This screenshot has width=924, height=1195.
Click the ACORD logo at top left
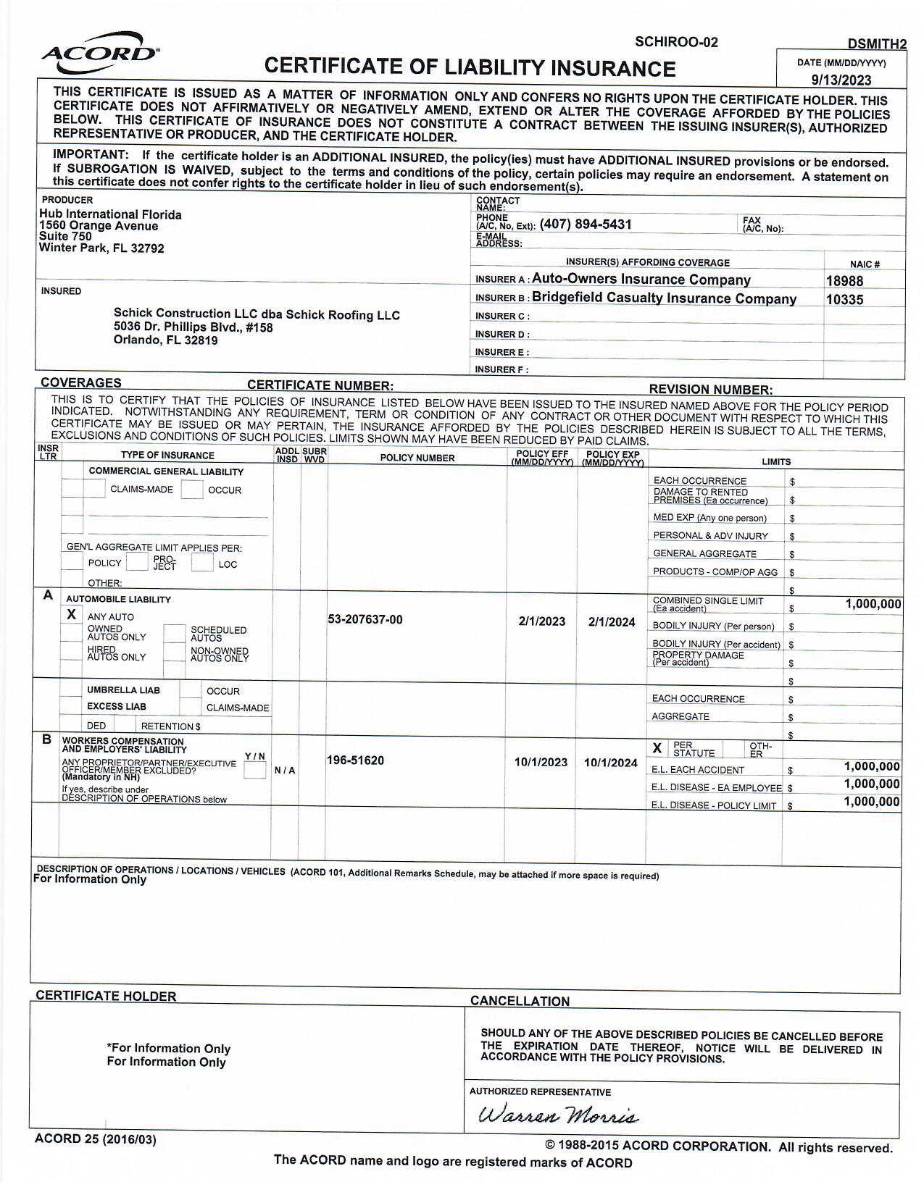(100, 53)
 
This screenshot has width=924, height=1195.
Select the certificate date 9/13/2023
(841, 80)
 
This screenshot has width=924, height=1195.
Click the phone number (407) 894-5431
(586, 225)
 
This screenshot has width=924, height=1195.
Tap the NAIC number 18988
(844, 281)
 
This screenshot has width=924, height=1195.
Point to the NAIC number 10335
(844, 299)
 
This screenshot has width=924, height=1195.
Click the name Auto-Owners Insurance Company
(641, 280)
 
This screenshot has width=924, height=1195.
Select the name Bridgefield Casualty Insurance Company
(664, 298)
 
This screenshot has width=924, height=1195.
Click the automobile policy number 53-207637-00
(365, 620)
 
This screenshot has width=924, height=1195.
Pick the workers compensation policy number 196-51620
(355, 760)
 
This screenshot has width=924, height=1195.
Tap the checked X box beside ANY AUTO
(72, 615)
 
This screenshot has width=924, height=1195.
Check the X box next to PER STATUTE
(657, 748)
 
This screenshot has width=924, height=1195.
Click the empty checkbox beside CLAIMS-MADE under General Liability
(95, 489)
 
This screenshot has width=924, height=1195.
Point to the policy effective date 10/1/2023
(541, 762)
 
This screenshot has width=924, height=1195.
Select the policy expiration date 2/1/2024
(612, 621)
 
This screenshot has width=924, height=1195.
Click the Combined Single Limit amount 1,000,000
(873, 605)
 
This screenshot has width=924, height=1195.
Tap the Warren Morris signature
(558, 1115)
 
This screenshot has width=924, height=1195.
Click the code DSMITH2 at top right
(877, 44)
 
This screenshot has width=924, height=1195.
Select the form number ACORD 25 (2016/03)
(95, 1139)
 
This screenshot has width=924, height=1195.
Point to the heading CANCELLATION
(520, 1002)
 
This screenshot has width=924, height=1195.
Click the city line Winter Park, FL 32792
(101, 248)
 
